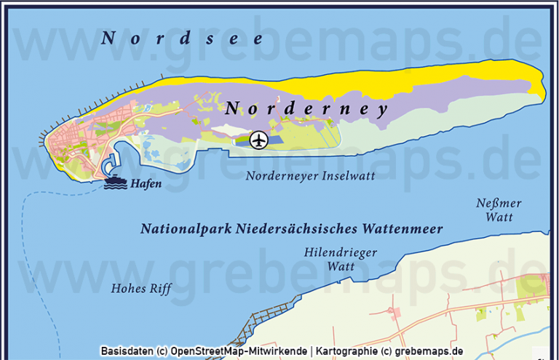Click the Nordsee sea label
click(x=183, y=39)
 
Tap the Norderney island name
click(x=306, y=108)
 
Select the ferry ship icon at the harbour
click(x=115, y=183)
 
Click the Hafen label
click(x=146, y=184)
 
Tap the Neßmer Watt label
click(x=499, y=209)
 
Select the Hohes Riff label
click(x=140, y=289)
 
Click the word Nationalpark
click(x=186, y=229)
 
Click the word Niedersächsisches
click(x=295, y=229)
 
